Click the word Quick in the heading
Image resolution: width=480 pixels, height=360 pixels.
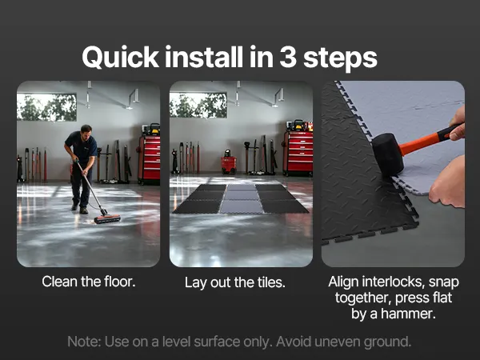point(121,58)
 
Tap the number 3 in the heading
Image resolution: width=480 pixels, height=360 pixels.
point(288,57)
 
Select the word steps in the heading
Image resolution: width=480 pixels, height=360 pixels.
point(340,58)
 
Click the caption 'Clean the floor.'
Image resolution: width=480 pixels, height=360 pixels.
point(89,282)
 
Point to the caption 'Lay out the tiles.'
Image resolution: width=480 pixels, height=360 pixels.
point(234,282)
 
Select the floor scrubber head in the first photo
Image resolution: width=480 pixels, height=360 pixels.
point(107,218)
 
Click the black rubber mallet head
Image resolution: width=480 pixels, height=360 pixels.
point(387,155)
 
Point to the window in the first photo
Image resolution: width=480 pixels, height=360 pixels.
point(46,107)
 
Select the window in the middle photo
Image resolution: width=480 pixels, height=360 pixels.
point(198,106)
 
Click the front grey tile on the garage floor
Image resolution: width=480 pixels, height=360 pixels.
point(242,206)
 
